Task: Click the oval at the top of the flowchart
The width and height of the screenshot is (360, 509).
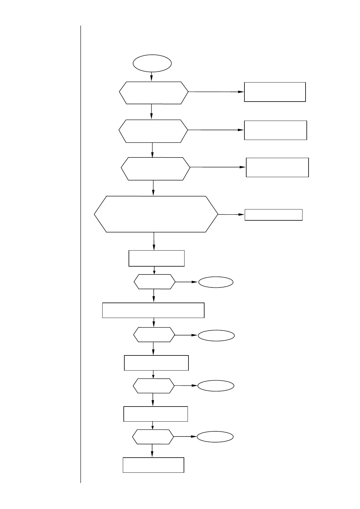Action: coord(152,63)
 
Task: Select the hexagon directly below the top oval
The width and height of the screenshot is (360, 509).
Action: coord(154,93)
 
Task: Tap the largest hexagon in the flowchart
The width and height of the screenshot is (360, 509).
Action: coord(156,214)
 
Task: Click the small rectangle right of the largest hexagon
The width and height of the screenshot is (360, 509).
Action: coord(273,215)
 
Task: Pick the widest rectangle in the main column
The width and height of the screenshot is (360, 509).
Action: coord(153,310)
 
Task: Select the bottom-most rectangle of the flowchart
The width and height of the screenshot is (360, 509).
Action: coord(153,465)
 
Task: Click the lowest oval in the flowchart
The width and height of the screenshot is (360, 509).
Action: coord(215,437)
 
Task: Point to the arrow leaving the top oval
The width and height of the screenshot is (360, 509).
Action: coord(152,77)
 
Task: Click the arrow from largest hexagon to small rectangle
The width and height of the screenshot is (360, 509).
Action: coord(231,214)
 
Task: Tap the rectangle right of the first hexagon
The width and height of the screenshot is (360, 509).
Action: coord(275,92)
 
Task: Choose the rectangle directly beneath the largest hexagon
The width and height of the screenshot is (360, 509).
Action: coord(156,258)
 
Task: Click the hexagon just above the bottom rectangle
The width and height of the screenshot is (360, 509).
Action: coord(153,437)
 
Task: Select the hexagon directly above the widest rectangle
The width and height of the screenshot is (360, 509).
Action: coord(155,282)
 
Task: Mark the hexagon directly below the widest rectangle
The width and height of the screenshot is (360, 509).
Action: coord(154,335)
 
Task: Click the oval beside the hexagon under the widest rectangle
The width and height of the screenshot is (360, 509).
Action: coord(216,336)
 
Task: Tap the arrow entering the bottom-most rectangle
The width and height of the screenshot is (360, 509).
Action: coord(152,451)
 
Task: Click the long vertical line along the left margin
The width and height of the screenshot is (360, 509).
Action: coord(81,254)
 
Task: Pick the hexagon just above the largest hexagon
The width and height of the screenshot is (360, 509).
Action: coord(155,169)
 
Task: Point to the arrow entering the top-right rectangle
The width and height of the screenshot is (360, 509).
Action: coord(216,92)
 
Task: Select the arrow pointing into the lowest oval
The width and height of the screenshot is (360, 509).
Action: coord(185,437)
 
